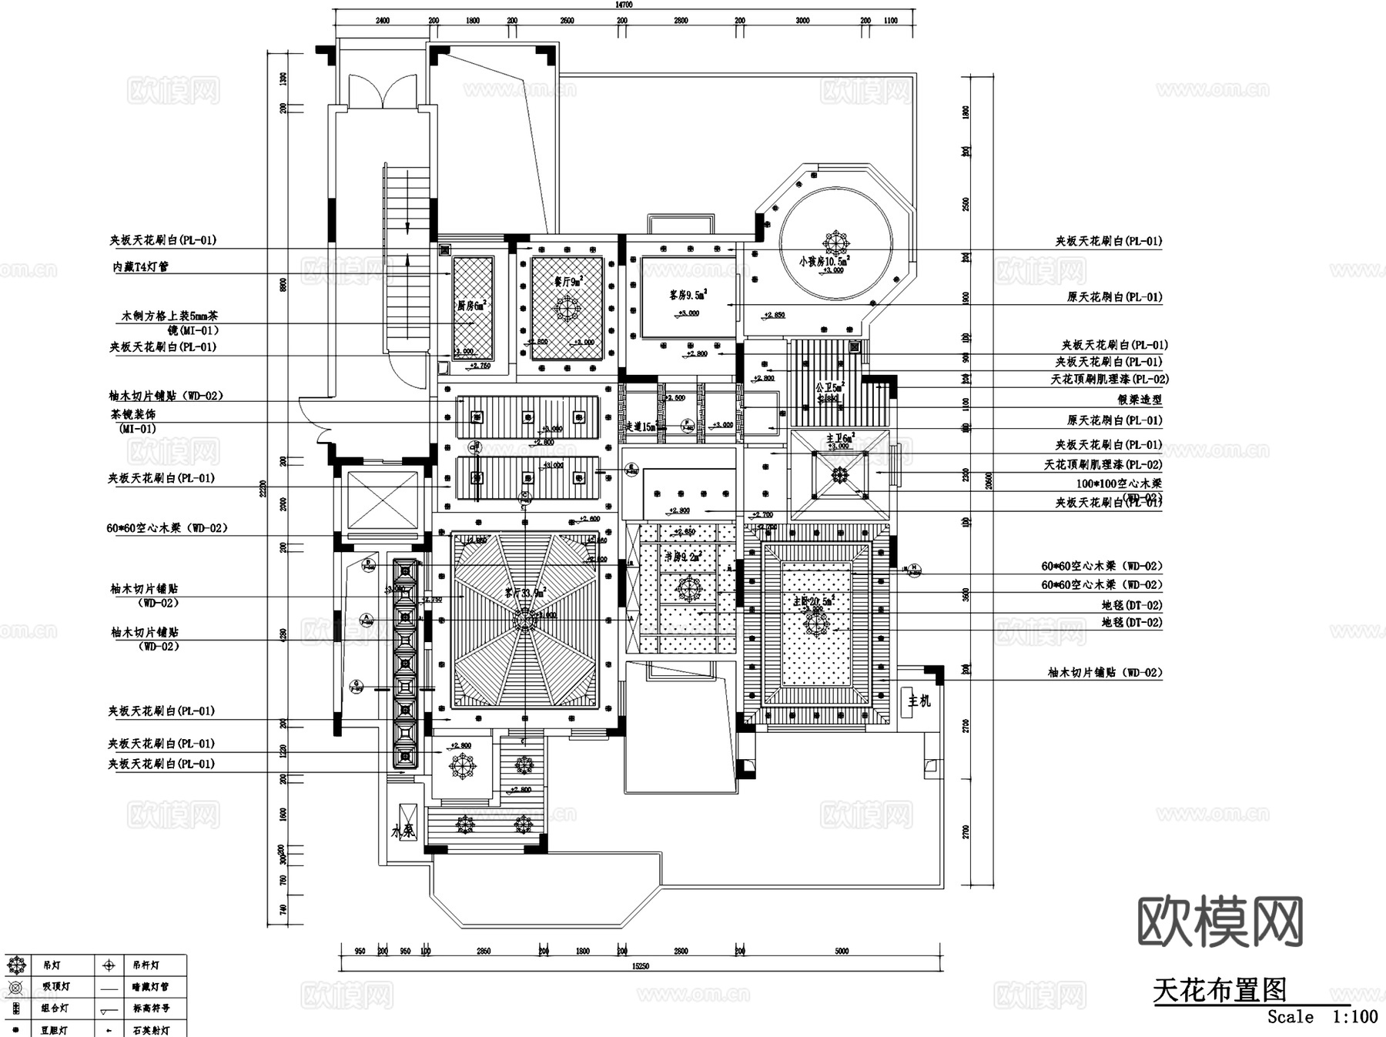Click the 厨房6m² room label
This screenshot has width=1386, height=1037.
pyautogui.click(x=471, y=306)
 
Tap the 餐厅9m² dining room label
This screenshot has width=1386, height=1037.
pyautogui.click(x=568, y=281)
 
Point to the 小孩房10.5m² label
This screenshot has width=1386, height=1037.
pyautogui.click(x=823, y=262)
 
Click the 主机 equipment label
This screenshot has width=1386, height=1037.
pyautogui.click(x=919, y=701)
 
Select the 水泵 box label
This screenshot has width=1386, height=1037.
pyautogui.click(x=403, y=831)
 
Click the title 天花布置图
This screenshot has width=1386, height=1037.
pyautogui.click(x=1219, y=990)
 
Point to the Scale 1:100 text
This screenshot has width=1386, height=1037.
pyautogui.click(x=1322, y=1017)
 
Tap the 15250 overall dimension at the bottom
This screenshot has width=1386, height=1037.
pyautogui.click(x=640, y=966)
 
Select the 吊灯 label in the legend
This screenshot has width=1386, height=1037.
pyautogui.click(x=52, y=965)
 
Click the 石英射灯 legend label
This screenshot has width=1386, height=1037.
pyautogui.click(x=150, y=1030)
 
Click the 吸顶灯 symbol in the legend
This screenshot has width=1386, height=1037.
pyautogui.click(x=16, y=987)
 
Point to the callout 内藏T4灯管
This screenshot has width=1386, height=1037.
pyautogui.click(x=140, y=267)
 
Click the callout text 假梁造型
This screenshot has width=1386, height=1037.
pyautogui.click(x=1140, y=400)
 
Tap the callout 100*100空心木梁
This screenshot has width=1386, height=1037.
pyautogui.click(x=1118, y=483)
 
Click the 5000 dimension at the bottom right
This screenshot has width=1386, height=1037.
pyautogui.click(x=842, y=952)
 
